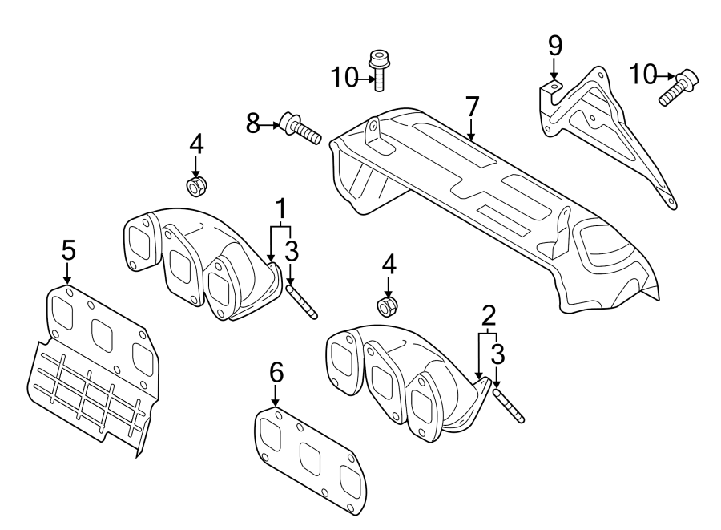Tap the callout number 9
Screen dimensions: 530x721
554,45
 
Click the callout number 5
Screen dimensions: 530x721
68,250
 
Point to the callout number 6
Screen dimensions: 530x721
276,373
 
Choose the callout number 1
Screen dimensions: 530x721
281,210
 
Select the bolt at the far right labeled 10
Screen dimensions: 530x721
679,87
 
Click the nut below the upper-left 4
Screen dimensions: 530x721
195,187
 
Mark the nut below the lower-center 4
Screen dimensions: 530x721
388,305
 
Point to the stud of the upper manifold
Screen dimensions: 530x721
303,297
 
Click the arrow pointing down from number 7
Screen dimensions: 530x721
471,128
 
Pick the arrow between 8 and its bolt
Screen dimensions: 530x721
270,124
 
